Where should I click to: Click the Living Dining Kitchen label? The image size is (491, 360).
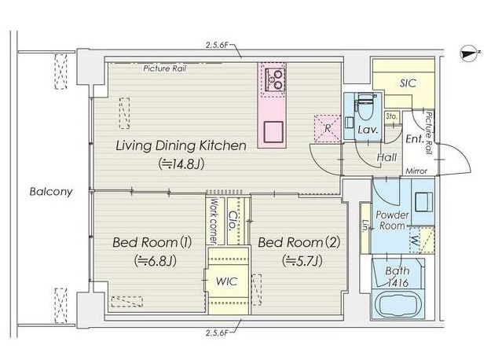click(181, 145)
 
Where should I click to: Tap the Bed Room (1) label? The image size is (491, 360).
click(152, 242)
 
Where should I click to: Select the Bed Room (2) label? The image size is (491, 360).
click(299, 242)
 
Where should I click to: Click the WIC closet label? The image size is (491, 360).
click(227, 281)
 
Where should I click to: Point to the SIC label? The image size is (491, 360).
click(408, 83)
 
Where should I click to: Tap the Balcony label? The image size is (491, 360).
click(51, 192)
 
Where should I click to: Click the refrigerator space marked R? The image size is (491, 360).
click(328, 128)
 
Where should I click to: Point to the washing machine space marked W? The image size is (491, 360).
click(422, 241)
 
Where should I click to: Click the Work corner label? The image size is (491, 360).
click(214, 221)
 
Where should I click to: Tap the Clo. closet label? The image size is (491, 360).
click(233, 221)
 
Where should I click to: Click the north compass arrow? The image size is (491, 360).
click(469, 54)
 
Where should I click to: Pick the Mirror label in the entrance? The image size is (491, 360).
click(416, 171)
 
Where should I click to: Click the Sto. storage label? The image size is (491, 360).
click(391, 116)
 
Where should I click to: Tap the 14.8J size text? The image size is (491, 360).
click(181, 163)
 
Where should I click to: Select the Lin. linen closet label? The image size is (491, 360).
click(365, 225)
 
